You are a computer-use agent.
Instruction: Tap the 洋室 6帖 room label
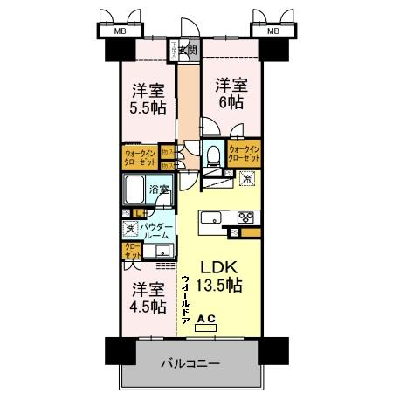pyautogui.click(x=231, y=93)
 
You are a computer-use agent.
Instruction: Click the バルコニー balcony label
pyautogui.click(x=190, y=362)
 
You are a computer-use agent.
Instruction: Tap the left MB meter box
pyautogui.click(x=118, y=31)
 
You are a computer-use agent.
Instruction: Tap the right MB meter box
pyautogui.click(x=273, y=31)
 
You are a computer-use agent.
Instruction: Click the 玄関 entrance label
pyautogui.click(x=189, y=50)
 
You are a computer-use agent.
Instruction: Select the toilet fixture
pyautogui.click(x=212, y=155)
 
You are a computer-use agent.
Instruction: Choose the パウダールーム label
pyautogui.click(x=157, y=231)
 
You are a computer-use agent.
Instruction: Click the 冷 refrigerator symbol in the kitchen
pyautogui.click(x=247, y=178)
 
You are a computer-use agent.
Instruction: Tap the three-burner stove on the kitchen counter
pyautogui.click(x=245, y=218)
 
